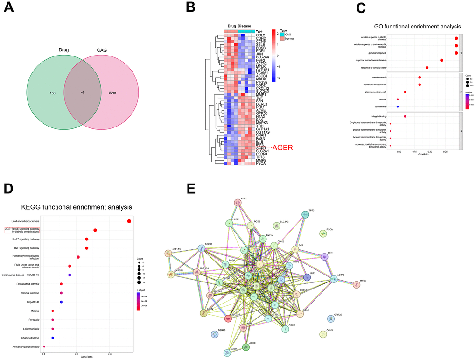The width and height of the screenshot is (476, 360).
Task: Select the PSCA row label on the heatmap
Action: (261, 164)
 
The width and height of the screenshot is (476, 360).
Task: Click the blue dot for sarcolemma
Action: (398, 106)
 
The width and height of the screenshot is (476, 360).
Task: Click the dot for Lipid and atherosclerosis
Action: (129, 221)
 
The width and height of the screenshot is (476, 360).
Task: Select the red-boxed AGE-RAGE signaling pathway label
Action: (22, 230)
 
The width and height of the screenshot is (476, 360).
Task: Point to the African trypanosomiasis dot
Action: (44, 346)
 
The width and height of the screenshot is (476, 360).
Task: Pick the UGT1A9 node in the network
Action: (168, 254)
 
